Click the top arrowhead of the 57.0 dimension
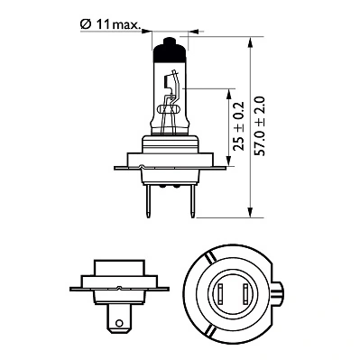(x=252, y=41)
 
